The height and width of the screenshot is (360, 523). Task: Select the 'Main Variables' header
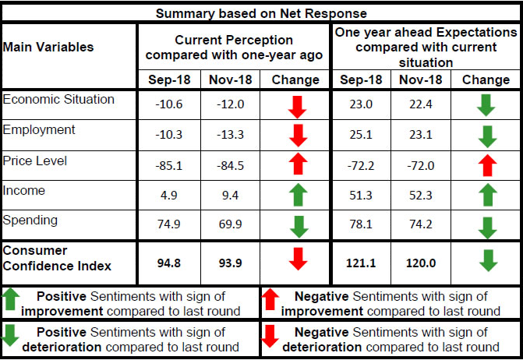[48, 47]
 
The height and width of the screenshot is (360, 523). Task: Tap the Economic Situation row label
[59, 100]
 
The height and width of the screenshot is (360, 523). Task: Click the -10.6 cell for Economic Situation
[168, 105]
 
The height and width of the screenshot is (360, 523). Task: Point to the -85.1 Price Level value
[168, 165]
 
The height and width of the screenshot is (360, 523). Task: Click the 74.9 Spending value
[168, 225]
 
